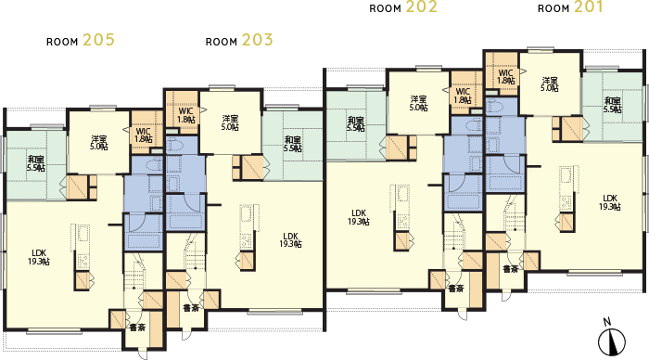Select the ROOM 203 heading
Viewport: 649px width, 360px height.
tap(238, 40)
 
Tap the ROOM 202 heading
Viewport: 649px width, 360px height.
tap(403, 7)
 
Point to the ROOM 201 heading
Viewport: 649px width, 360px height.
tap(569, 7)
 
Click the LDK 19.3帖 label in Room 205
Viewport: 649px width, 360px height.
tap(38, 257)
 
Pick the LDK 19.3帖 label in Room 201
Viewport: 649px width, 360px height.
tap(609, 202)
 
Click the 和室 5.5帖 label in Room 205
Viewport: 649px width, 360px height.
tap(36, 163)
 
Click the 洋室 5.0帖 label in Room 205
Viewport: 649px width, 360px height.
tap(98, 143)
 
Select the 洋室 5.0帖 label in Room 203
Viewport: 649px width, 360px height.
tap(231, 123)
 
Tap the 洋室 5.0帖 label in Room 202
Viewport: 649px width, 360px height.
tap(418, 103)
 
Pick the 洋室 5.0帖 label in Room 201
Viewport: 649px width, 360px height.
tap(550, 84)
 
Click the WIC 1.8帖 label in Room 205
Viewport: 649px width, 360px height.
tap(143, 135)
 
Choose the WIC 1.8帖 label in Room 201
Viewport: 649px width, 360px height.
tap(505, 77)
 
